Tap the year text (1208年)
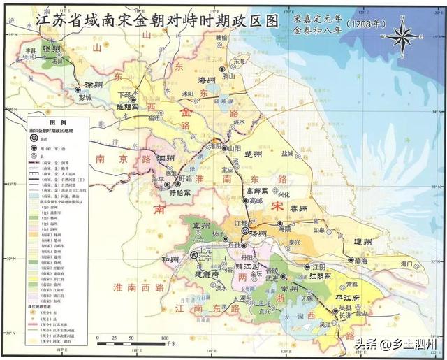coord(362,23)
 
